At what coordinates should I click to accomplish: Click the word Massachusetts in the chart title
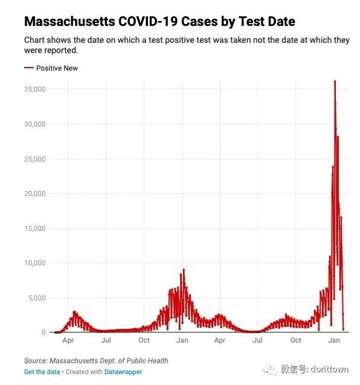coord(69,21)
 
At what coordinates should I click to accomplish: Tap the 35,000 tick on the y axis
coord(35,89)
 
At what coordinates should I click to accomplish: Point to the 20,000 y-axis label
coord(35,194)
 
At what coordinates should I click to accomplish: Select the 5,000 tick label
coord(37,298)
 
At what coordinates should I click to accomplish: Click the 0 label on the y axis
coord(43,332)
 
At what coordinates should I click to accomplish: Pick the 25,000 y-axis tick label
coord(35,159)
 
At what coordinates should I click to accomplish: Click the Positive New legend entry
coord(51,68)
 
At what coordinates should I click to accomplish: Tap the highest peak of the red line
coord(335,81)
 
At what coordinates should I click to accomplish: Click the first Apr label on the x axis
coord(68,340)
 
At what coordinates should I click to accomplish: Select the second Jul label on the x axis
coord(257,340)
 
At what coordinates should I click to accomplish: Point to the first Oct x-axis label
coord(144,340)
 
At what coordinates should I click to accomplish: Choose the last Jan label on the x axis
coord(334,340)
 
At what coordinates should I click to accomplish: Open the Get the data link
coord(42,372)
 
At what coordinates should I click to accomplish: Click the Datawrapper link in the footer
coord(123,372)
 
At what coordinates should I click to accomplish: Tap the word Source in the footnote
coord(36,361)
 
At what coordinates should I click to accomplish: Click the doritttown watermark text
coord(329,369)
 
